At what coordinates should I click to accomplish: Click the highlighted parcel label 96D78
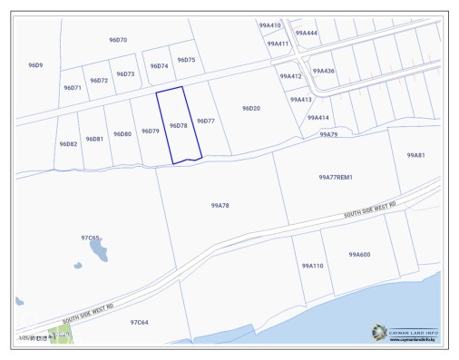pos(178,126)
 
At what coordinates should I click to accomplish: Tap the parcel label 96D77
pos(205,121)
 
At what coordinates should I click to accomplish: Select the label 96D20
pos(251,108)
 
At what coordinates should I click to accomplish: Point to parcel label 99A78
pos(220,206)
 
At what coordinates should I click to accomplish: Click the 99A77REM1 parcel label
pos(335,178)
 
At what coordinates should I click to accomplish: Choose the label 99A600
pos(359,255)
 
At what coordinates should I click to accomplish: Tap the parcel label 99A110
pos(312,266)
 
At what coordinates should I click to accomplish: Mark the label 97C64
pos(139,322)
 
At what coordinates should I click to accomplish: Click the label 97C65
pos(91,238)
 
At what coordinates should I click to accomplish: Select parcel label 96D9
pos(35,65)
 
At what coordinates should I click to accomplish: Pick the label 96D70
pos(118,40)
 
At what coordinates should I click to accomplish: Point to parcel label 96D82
pos(68,144)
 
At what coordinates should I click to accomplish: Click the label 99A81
pos(415,156)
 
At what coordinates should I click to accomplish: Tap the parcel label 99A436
pos(323,71)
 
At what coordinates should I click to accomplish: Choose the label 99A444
pos(307,33)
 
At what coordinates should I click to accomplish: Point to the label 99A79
pos(327,134)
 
